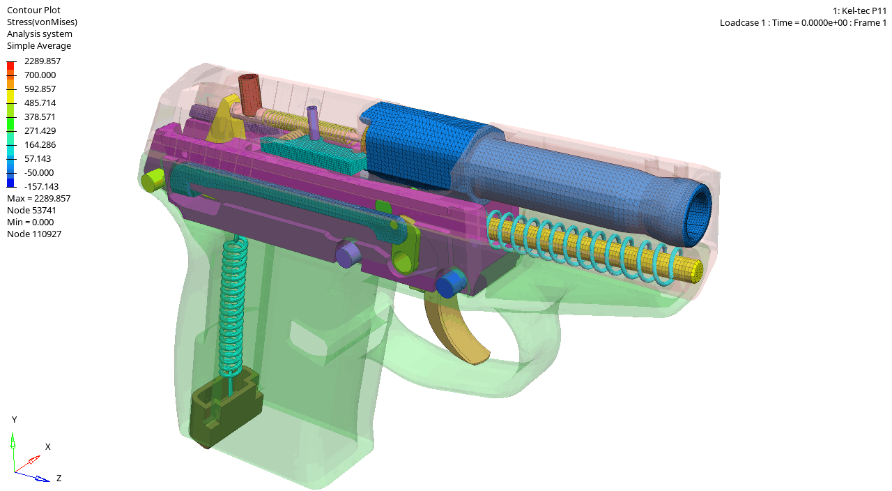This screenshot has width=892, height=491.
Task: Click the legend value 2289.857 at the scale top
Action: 43,61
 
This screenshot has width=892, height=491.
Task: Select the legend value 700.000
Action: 40,75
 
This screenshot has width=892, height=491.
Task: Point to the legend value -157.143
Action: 41,186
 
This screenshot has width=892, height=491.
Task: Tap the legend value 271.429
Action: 40,130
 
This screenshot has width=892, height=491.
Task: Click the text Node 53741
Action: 31,210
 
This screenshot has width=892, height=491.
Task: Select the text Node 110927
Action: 34,234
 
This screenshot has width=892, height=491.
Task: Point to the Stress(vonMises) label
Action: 43,22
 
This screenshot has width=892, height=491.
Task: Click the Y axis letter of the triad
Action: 15,419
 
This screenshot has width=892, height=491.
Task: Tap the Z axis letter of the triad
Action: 59,478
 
